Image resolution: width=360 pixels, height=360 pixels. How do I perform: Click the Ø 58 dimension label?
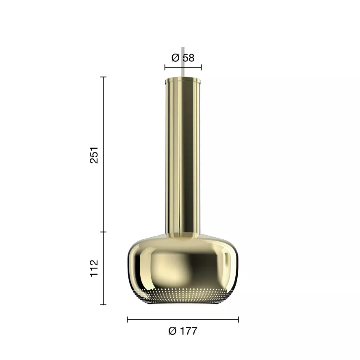pos(183,58)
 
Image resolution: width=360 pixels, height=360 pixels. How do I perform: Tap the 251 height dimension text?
pos(94,155)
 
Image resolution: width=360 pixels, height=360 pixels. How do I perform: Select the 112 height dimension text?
pos(94,269)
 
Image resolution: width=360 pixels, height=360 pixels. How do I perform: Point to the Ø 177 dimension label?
pos(182,331)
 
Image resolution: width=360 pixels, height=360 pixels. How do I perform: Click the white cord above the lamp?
pos(183,61)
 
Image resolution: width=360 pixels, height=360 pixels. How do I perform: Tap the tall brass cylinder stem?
pos(183,154)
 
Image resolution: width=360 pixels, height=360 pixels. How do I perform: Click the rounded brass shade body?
pos(183,264)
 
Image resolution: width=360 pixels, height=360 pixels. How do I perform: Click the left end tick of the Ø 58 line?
pos(165,67)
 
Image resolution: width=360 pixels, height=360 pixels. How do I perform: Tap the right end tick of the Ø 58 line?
pos(201,67)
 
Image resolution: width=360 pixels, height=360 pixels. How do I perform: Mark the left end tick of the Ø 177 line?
pos(128,320)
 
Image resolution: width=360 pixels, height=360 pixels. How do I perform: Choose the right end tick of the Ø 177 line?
pos(239,320)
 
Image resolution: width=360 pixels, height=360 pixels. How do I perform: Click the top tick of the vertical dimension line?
pos(104,77)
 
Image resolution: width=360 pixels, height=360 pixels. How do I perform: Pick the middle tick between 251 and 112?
pos(104,232)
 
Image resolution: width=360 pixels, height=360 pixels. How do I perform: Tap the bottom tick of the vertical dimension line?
pos(104,304)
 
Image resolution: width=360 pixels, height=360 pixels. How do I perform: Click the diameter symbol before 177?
pos(172,331)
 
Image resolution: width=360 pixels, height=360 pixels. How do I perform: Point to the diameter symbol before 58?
pos(176,58)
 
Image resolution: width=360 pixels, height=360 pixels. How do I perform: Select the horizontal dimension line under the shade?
pos(183,320)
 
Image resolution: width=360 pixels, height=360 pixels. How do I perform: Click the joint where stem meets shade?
pos(183,234)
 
